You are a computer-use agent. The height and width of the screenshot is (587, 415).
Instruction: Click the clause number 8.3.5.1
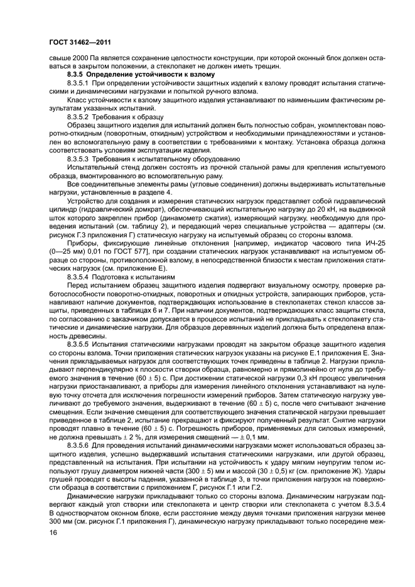coord(80,82)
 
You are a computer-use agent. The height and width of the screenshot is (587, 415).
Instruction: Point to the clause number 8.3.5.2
coord(80,116)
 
